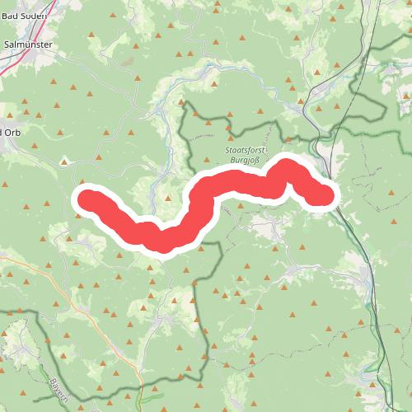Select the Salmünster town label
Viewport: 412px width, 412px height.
click(x=30, y=46)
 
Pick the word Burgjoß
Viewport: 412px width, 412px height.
click(x=245, y=162)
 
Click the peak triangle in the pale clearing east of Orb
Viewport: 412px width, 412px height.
click(x=64, y=162)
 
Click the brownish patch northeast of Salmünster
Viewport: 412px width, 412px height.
click(x=126, y=62)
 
